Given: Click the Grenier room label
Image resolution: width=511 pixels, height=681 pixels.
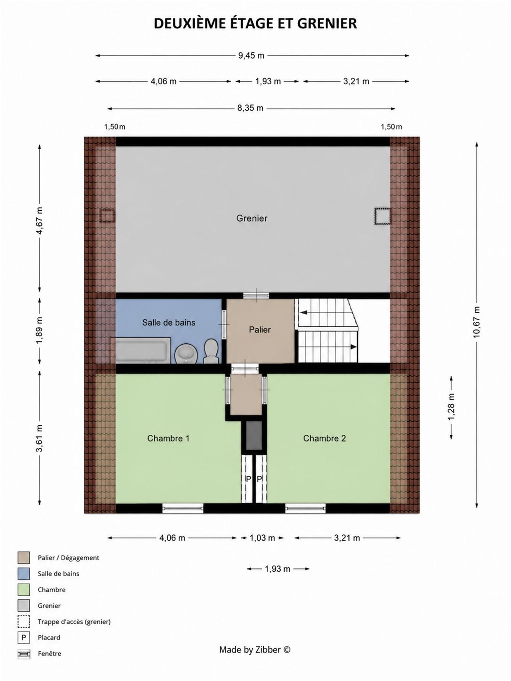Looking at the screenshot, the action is tap(252, 218).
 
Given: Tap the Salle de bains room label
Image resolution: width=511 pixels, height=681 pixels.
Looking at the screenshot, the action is tap(168, 322).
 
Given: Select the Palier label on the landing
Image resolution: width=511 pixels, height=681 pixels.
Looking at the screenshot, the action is tap(260, 330).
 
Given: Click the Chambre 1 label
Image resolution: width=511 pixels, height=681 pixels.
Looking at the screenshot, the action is tap(168, 438).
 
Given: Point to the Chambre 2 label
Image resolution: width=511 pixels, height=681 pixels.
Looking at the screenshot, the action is tap(324, 438).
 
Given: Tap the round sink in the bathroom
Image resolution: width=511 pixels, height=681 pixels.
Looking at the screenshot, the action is tap(186, 354).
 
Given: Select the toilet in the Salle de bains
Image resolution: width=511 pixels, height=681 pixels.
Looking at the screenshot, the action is tap(211, 351).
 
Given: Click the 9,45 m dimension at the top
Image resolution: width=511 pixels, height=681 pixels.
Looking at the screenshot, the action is tap(251, 56).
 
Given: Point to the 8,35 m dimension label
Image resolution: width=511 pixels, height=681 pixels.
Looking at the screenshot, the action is tap(250, 108).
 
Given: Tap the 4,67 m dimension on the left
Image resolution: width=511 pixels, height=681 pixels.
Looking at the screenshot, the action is tap(39, 221).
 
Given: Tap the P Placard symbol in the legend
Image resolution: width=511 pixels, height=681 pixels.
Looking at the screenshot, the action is tap(24, 638).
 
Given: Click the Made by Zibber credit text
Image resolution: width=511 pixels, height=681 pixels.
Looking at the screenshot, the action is tap(255, 650).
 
